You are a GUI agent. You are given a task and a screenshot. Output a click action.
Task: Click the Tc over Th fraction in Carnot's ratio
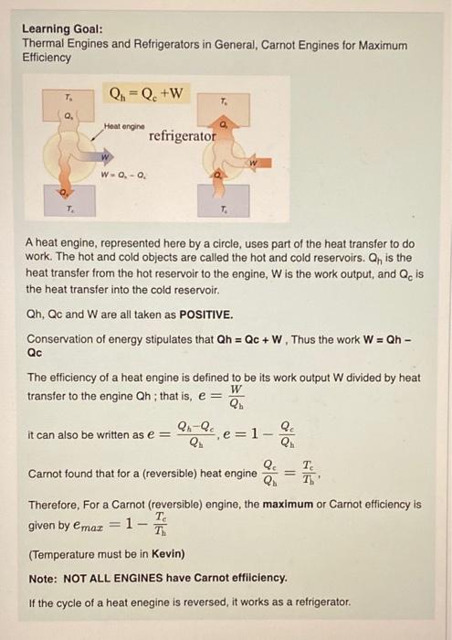310,474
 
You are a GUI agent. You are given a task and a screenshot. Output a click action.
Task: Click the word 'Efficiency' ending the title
47,58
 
